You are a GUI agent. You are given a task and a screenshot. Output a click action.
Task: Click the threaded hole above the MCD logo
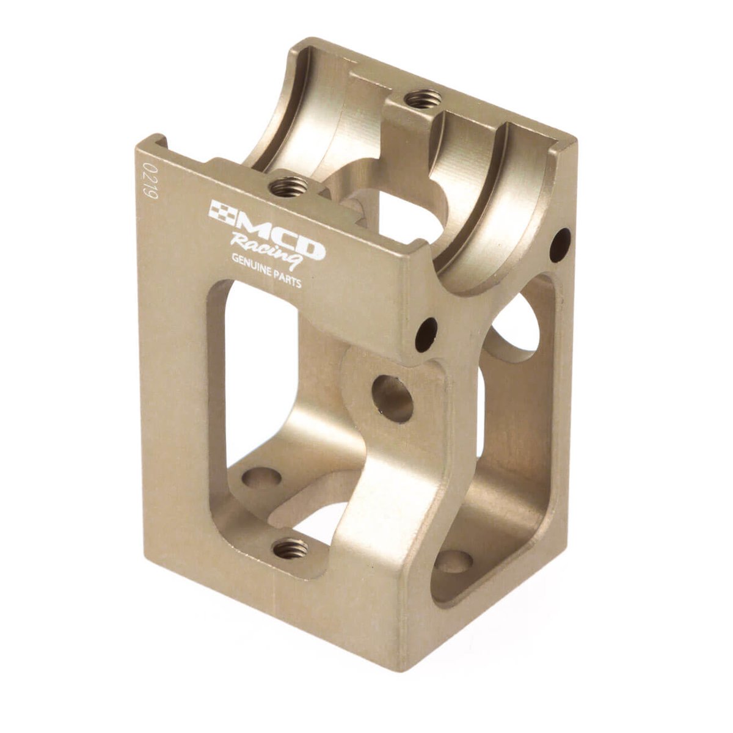[x=289, y=187]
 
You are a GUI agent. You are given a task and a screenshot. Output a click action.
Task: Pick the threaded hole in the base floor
[x=291, y=549]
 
